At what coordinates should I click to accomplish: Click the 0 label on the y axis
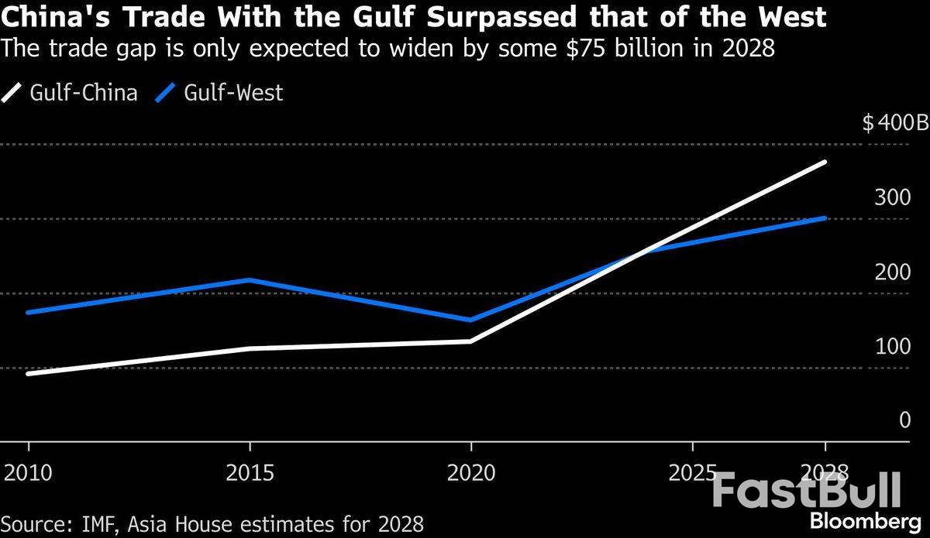pyautogui.click(x=904, y=420)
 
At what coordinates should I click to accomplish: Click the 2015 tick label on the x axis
pyautogui.click(x=250, y=472)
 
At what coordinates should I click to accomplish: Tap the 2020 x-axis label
pyautogui.click(x=471, y=472)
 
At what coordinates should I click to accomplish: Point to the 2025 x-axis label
pyautogui.click(x=692, y=472)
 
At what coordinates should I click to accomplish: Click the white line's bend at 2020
pyautogui.click(x=471, y=341)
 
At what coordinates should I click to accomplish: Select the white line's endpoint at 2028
pyautogui.click(x=825, y=162)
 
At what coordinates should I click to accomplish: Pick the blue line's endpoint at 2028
pyautogui.click(x=825, y=218)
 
